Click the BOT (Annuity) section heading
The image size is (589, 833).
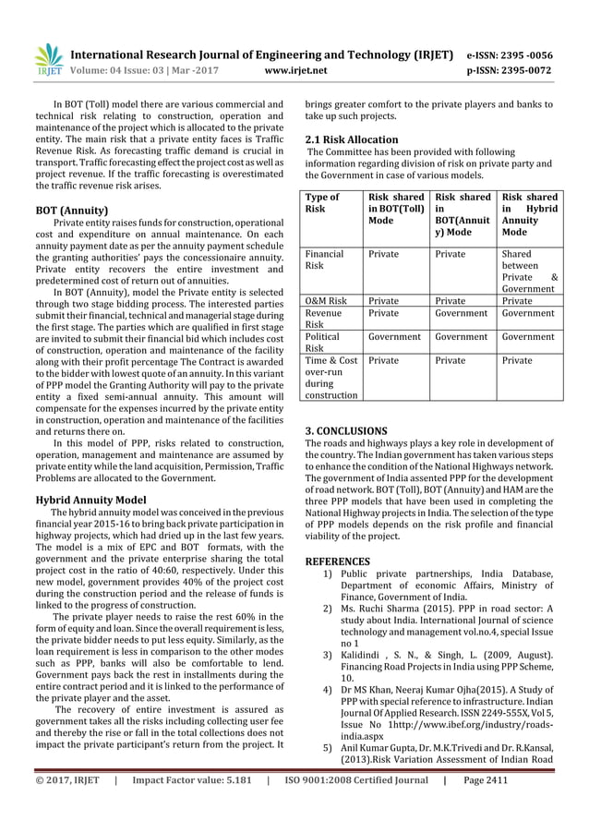tap(71, 210)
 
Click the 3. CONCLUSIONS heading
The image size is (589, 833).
tap(346, 430)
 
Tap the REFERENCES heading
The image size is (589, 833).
tap(337, 561)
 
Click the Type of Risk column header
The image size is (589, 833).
tap(322, 203)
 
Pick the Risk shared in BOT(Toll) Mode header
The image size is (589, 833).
tap(394, 209)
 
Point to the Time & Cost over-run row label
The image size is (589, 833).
tap(331, 379)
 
